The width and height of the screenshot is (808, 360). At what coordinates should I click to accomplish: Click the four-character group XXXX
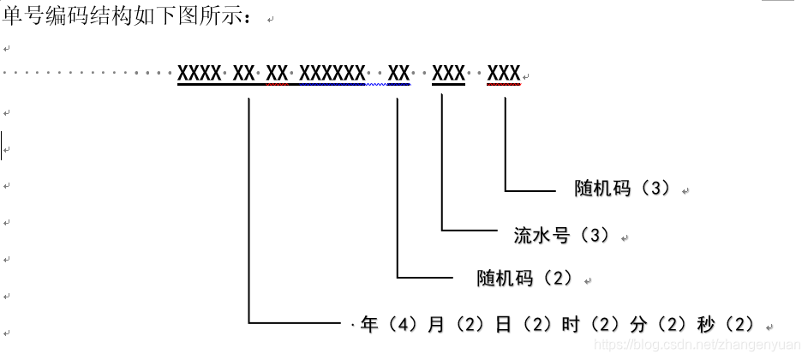click(x=199, y=74)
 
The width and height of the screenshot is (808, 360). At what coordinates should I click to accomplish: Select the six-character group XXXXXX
click(x=332, y=74)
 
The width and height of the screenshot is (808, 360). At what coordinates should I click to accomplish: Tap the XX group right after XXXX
click(x=244, y=74)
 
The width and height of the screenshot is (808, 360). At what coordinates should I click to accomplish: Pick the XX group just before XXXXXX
click(x=277, y=74)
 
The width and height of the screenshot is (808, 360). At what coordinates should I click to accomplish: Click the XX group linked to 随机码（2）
click(x=398, y=74)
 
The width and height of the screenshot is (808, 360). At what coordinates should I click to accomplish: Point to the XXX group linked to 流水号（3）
click(x=448, y=74)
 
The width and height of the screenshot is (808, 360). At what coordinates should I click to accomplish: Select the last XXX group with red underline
click(x=504, y=74)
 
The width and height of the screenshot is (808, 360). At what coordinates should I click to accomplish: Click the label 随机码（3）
click(x=623, y=189)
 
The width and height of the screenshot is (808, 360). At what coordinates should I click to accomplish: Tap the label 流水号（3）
click(x=561, y=235)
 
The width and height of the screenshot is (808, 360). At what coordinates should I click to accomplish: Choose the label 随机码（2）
click(x=524, y=279)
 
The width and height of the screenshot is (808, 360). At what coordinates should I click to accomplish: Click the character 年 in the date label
click(x=369, y=325)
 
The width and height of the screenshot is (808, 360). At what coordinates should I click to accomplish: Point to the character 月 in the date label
click(x=435, y=325)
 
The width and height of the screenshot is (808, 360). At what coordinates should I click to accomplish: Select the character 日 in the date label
click(x=503, y=325)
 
